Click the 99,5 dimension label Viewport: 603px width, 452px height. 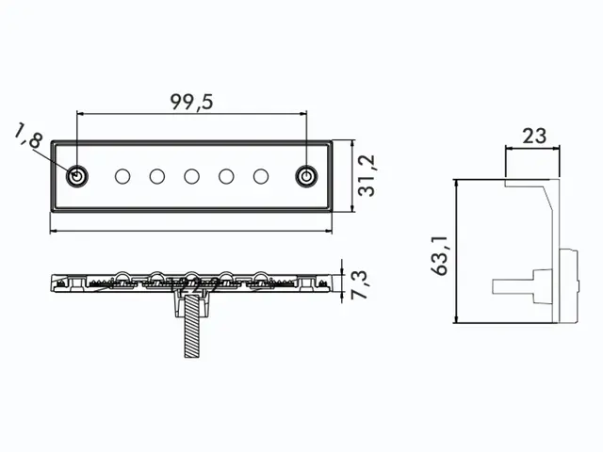click(x=191, y=103)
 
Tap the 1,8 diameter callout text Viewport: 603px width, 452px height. click(x=28, y=136)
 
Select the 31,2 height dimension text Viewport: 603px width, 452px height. click(x=367, y=176)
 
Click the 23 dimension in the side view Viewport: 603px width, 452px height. click(x=534, y=136)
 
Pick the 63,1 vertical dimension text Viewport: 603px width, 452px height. click(x=440, y=255)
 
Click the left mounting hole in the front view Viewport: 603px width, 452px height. click(x=77, y=177)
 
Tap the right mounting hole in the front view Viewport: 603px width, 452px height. click(x=306, y=177)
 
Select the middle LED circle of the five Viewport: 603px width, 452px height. click(x=191, y=177)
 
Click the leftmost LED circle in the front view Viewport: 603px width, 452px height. click(x=122, y=177)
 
